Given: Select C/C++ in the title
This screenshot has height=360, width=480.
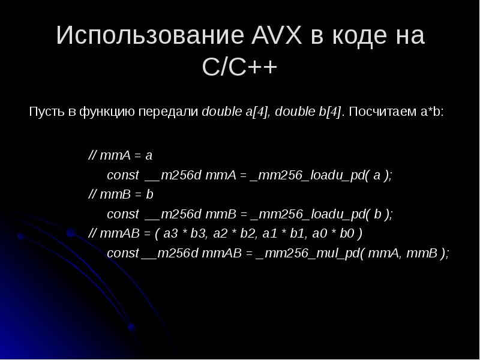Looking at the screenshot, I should pos(239,67).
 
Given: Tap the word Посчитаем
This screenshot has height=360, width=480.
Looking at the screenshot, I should pos(374,112).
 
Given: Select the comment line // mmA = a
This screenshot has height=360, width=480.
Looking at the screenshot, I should pos(120,155).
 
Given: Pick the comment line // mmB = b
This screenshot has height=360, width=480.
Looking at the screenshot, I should pos(121,195).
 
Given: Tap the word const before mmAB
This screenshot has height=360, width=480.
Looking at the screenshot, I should pos(122,254).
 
